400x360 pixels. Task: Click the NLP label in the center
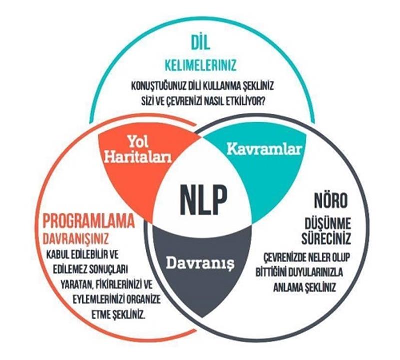pos(203,200)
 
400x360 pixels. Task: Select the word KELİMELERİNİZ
pos(201,65)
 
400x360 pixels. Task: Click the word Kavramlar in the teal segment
pos(264,149)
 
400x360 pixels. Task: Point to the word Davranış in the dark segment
pos(200,263)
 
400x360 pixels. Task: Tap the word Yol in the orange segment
pos(138,142)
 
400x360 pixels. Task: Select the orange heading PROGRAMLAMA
pos(89,221)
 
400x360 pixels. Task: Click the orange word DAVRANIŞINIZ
pos(76,239)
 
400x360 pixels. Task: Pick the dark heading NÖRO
pos(331,200)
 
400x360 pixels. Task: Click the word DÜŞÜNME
pos(328,224)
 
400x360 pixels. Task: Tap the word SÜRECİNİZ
pos(326,238)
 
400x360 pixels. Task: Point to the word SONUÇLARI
pos(109,269)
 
